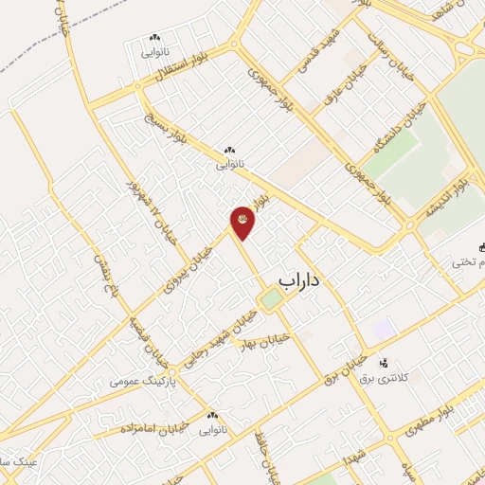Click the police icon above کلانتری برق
click(384, 363)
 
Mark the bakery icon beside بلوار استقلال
click(153, 38)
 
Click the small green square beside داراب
click(272, 299)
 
